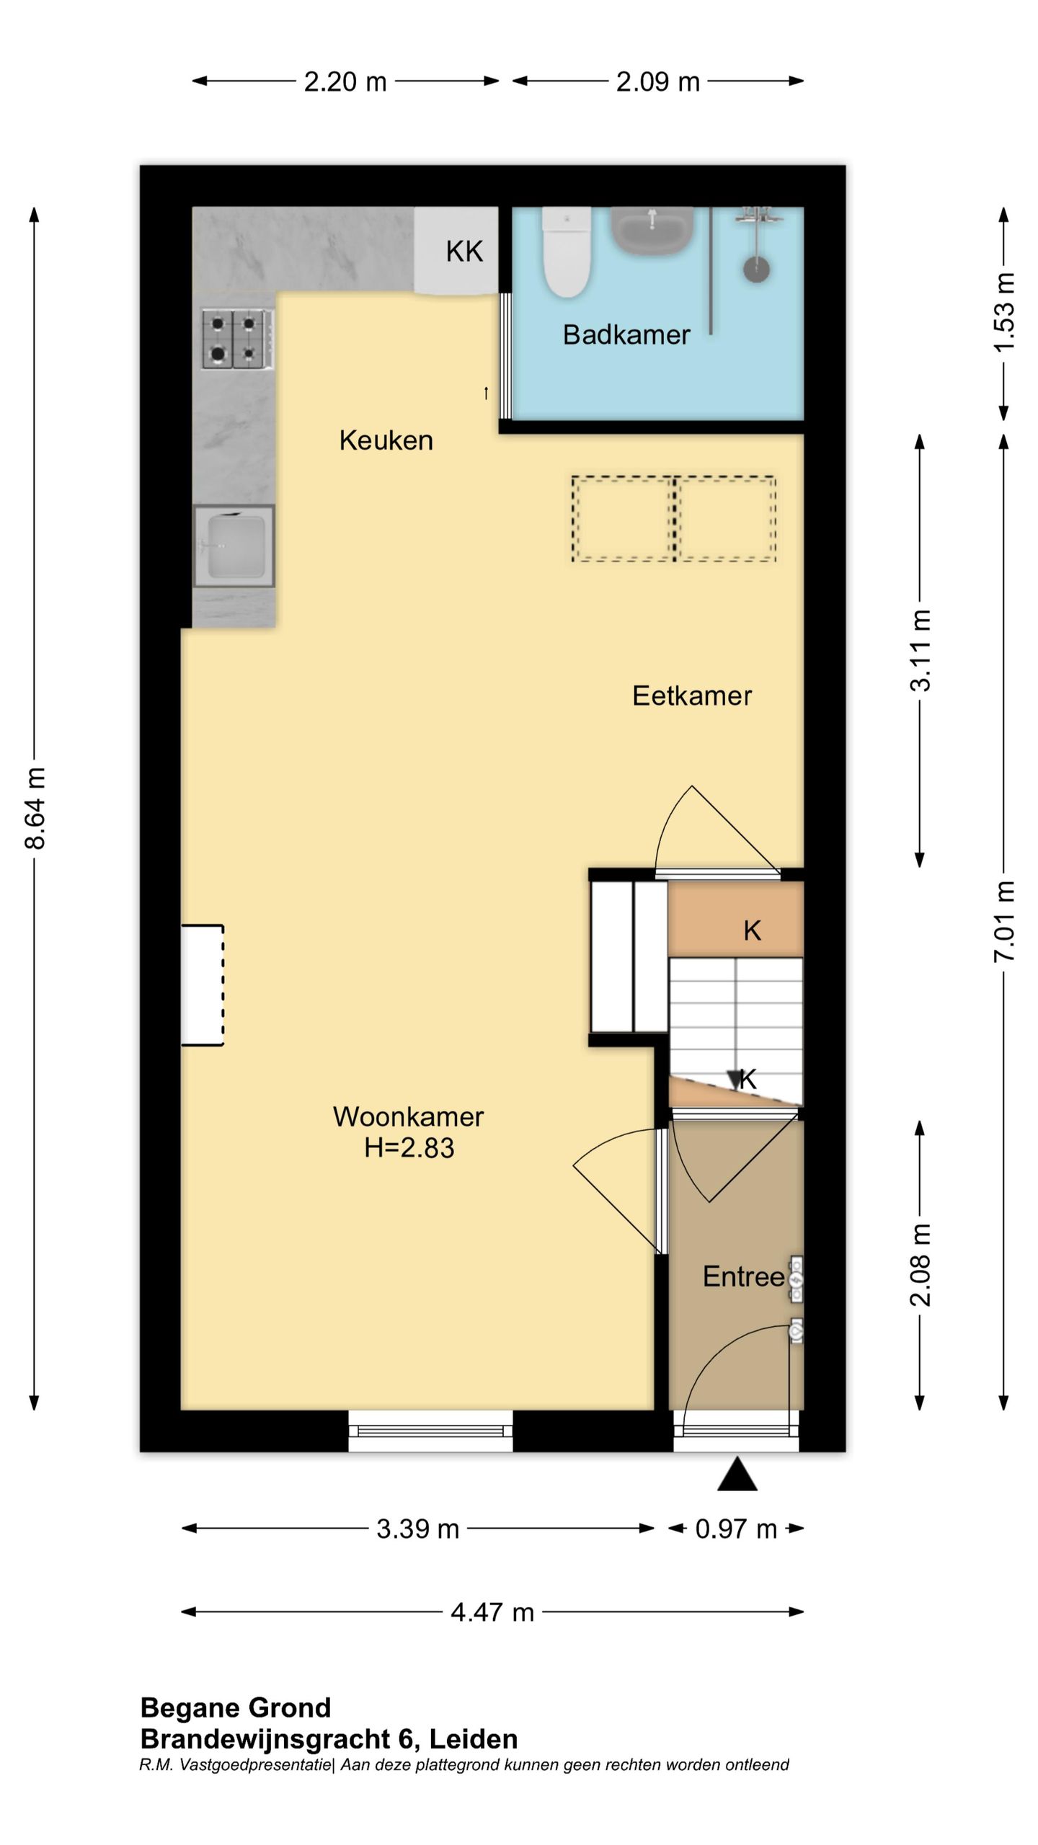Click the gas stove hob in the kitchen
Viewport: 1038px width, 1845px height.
tap(238, 339)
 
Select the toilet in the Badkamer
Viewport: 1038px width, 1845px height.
tap(567, 252)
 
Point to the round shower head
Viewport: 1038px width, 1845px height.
tap(756, 270)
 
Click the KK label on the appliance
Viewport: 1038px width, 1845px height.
tap(464, 252)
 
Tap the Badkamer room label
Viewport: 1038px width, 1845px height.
tap(626, 335)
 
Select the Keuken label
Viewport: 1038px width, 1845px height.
tap(386, 440)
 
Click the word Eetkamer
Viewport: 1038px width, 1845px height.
tap(691, 696)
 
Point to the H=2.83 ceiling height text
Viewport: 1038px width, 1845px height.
tap(409, 1148)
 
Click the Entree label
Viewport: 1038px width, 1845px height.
tap(743, 1276)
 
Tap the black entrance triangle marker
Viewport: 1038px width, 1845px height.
tap(737, 1475)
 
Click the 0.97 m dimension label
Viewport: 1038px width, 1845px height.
tap(735, 1529)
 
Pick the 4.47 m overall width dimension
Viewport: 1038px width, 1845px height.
tap(492, 1611)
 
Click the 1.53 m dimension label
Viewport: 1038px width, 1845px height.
tap(1004, 313)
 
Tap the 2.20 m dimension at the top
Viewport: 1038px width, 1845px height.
tap(345, 81)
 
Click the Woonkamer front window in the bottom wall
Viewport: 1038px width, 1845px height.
tap(430, 1431)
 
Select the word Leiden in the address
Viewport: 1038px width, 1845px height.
tap(474, 1739)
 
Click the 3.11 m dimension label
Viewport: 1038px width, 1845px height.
tap(921, 651)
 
